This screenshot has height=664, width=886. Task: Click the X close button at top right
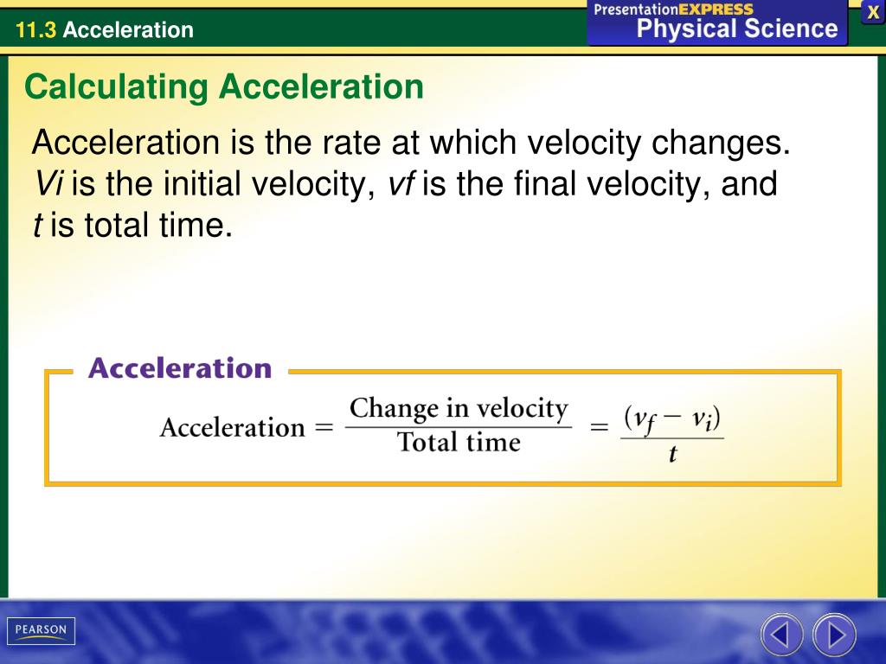point(873,12)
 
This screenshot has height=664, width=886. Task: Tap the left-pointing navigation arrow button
point(781,635)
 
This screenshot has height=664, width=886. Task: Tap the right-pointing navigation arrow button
point(835,635)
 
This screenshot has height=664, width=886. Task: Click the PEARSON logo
point(41,630)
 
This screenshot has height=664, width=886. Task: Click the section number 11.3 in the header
point(35,30)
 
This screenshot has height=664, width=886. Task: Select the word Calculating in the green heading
point(116,87)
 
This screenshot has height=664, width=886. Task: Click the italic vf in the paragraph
point(401,184)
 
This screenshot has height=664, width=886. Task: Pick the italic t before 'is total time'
point(37,226)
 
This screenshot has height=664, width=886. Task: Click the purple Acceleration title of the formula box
point(180,369)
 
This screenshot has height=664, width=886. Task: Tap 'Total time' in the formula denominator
point(458,443)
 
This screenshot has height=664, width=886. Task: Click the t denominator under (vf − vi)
point(672,454)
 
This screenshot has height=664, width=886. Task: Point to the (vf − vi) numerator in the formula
point(672,419)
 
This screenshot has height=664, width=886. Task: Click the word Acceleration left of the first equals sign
point(232,427)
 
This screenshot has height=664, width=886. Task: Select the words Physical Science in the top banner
point(737,29)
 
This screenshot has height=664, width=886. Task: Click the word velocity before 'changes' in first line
point(582,143)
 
